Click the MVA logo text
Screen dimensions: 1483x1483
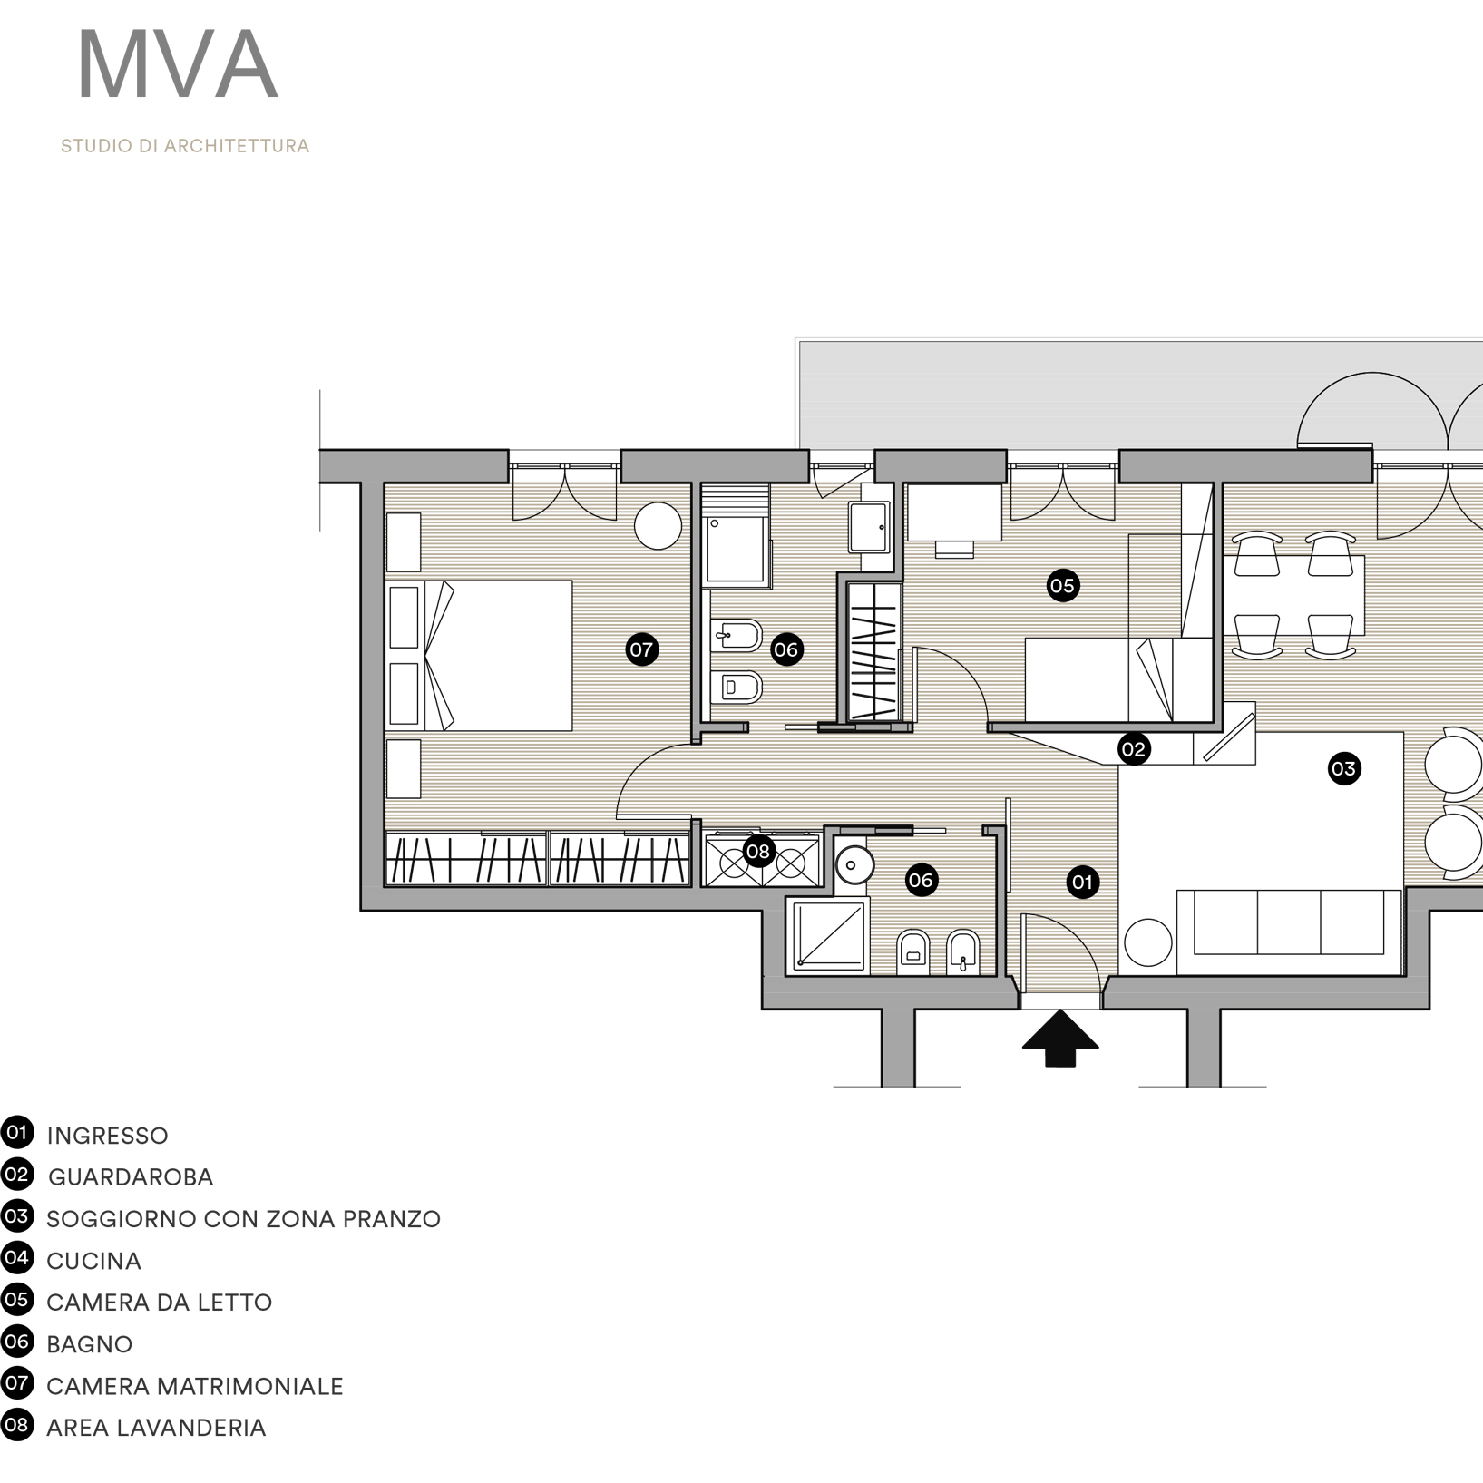pos(178,66)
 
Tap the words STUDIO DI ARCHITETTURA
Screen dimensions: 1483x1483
pos(185,146)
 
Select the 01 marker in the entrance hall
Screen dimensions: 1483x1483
pos(1082,882)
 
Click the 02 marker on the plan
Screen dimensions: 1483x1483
pos(1134,749)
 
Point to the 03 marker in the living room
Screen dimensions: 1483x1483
pos(1343,769)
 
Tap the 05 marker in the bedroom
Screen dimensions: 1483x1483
pos(1062,586)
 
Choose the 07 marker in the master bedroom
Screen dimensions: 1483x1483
pos(641,649)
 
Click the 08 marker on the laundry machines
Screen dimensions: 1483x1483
pos(757,852)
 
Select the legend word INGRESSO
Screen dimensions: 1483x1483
pos(107,1136)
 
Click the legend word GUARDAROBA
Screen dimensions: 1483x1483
pos(131,1177)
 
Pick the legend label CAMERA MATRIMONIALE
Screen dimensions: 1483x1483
pos(195,1386)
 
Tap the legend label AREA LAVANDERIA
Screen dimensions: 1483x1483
pos(156,1428)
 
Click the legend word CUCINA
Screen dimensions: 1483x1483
pos(93,1261)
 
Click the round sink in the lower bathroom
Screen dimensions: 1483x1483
pos(852,864)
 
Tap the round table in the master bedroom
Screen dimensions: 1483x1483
pos(658,526)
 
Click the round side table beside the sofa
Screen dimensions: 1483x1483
pos(1147,942)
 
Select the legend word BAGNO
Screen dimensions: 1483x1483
pos(89,1344)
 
